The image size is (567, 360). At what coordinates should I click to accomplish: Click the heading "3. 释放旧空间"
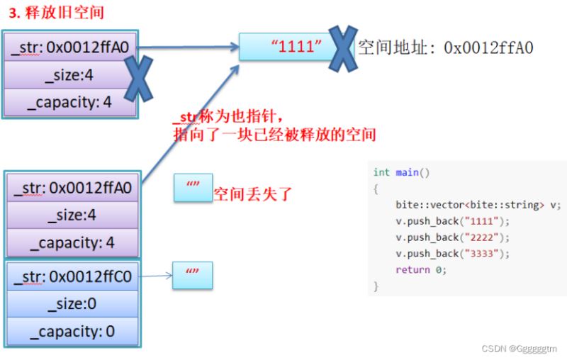[57, 13]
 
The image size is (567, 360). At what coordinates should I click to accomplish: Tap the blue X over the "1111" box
[343, 48]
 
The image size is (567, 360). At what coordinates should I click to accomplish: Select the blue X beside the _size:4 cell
[138, 79]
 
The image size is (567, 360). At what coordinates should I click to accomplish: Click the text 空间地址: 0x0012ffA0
[446, 47]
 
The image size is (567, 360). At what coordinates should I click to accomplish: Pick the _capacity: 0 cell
[72, 332]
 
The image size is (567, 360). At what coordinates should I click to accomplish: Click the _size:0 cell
[72, 304]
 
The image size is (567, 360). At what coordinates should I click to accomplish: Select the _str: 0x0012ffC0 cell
[72, 276]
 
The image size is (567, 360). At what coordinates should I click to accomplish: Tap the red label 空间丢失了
[252, 194]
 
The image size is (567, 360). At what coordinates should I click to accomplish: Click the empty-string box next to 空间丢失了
[193, 188]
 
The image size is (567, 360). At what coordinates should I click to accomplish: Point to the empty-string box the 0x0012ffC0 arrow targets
[192, 276]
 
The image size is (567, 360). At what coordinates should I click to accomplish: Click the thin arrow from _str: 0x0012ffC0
[155, 276]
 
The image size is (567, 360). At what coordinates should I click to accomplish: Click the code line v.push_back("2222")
[452, 237]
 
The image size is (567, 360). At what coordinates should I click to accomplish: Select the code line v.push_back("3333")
[452, 254]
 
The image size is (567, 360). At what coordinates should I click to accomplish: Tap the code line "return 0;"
[421, 270]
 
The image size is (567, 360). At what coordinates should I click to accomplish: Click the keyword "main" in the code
[407, 172]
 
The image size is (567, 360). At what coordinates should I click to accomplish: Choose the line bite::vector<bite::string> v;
[478, 205]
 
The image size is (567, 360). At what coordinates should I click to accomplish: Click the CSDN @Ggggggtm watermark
[520, 349]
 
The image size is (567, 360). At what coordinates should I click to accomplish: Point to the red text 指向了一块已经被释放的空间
[275, 135]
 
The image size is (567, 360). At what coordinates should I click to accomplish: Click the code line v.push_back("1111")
[452, 221]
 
